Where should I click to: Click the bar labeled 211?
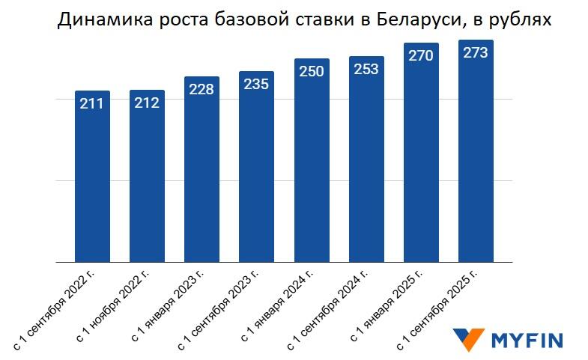click(92, 180)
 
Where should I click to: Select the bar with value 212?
click(147, 180)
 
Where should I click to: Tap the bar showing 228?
click(201, 172)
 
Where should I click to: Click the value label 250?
click(311, 72)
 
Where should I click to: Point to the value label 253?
click(366, 69)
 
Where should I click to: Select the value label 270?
click(421, 56)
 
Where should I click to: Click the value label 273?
click(476, 53)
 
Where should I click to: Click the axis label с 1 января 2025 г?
click(389, 306)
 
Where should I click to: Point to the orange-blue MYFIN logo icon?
click(468, 340)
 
